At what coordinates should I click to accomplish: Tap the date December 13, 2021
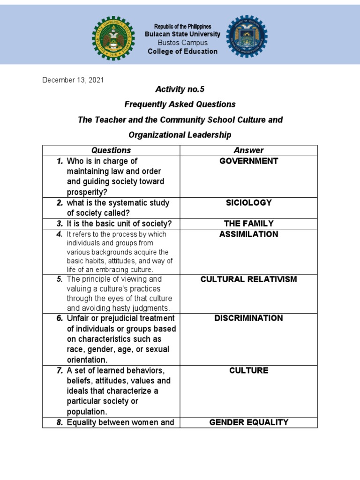click(x=73, y=80)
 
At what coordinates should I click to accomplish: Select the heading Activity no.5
click(x=180, y=89)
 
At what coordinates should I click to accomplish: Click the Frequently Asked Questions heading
click(x=180, y=104)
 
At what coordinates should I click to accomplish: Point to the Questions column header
click(x=111, y=150)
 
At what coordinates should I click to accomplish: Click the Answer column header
click(x=248, y=150)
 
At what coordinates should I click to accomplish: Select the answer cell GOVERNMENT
click(x=248, y=161)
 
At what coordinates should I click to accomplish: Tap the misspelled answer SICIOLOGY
click(x=248, y=203)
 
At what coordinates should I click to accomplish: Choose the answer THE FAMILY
click(x=248, y=224)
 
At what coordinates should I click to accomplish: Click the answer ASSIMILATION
click(x=248, y=234)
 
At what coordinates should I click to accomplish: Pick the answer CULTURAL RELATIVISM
click(x=248, y=279)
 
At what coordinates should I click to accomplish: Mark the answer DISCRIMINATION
click(x=248, y=318)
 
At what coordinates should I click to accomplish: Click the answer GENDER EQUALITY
click(x=248, y=422)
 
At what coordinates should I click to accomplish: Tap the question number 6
click(x=60, y=318)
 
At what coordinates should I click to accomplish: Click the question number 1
click(x=60, y=161)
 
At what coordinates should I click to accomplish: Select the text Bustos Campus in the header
click(x=182, y=43)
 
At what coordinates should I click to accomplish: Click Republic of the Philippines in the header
click(x=182, y=26)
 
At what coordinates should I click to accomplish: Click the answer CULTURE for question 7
click(x=248, y=371)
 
